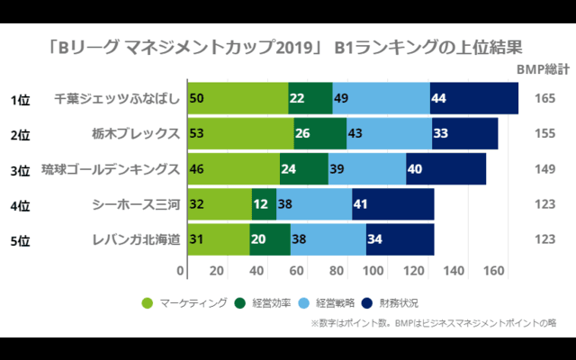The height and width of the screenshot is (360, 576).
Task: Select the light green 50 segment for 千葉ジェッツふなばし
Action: coord(238,98)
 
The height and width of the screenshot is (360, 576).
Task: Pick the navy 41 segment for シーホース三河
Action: coord(392,204)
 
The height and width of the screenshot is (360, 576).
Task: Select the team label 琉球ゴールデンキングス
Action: coord(112,168)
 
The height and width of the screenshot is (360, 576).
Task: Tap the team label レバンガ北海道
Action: coord(136,239)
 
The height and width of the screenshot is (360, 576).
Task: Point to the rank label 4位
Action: coord(21,205)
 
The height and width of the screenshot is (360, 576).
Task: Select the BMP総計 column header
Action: coord(542,69)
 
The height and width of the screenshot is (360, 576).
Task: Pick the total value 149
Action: coord(544,169)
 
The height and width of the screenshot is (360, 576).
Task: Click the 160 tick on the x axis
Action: coord(493,270)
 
